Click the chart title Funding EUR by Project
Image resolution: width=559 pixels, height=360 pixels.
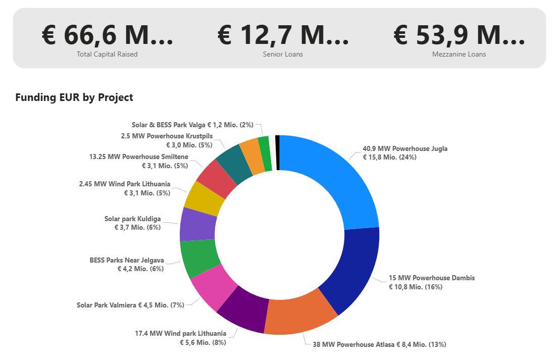(x=74, y=97)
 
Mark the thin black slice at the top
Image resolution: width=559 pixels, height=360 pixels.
(x=277, y=153)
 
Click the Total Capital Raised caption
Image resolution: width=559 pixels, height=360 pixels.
(x=107, y=54)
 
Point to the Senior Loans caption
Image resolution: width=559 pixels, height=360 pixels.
(x=283, y=54)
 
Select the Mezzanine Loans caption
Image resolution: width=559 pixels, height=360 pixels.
(x=459, y=54)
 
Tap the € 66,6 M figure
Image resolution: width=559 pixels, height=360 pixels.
(x=107, y=35)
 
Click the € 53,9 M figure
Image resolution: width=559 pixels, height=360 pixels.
(x=459, y=35)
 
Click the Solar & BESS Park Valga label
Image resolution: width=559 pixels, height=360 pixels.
(x=192, y=124)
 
